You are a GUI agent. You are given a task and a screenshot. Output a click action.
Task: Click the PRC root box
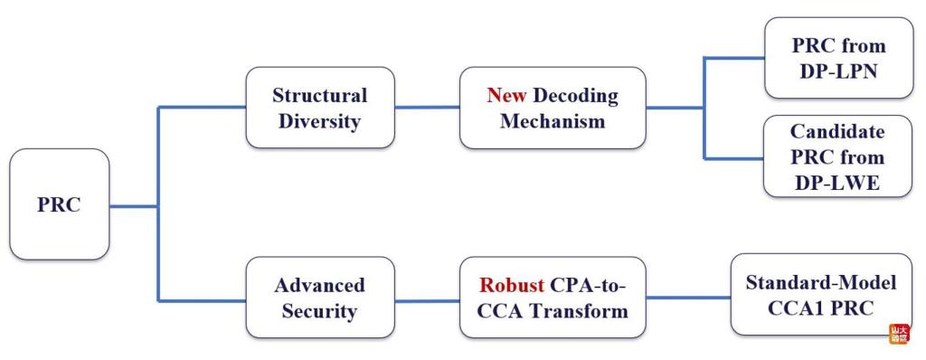coord(59,204)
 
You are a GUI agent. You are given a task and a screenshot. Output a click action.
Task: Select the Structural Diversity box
coord(320,108)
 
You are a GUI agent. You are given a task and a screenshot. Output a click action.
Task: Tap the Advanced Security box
coord(320,298)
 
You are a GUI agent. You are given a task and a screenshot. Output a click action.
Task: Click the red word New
coord(506,95)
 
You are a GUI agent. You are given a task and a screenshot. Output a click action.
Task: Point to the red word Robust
coord(512,285)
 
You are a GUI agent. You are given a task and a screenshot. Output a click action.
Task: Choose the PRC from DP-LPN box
coord(838,58)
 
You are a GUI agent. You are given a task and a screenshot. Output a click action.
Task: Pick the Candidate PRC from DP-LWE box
coord(838,156)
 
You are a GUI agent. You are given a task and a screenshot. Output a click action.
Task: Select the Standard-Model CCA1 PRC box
coord(821,294)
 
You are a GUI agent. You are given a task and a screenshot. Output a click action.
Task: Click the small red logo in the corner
coord(900,334)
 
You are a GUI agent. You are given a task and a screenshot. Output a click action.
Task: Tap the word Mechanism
coord(553,121)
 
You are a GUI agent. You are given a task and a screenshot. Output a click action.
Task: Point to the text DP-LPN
coord(838,71)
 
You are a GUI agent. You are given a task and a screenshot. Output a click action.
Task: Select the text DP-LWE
coord(838,183)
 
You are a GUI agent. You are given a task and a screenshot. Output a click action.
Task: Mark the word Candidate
coord(838,130)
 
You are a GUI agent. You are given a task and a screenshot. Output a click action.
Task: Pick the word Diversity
coord(319,121)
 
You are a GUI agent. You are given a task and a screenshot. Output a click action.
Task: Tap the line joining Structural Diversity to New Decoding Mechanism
coord(427,108)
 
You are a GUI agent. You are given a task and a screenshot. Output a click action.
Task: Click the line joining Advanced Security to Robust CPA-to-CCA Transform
coord(427,301)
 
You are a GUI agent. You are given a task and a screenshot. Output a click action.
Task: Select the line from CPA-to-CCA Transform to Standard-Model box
coord(688,298)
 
